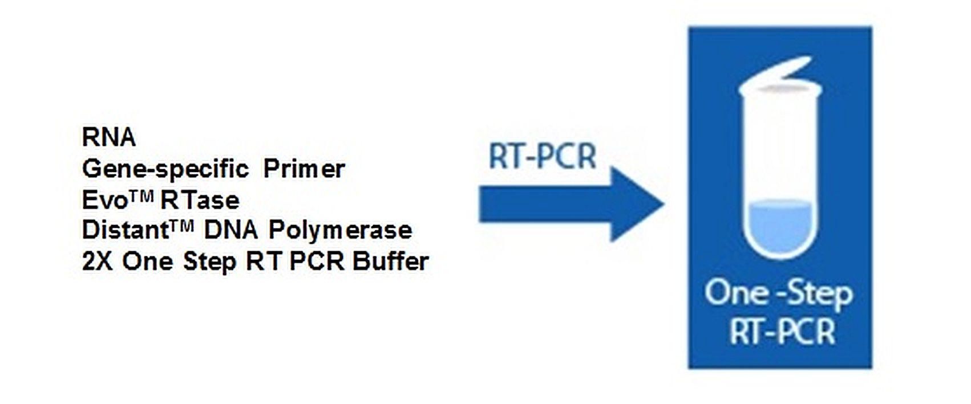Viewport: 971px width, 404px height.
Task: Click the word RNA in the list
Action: (109, 137)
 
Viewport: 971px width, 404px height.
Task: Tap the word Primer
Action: (304, 169)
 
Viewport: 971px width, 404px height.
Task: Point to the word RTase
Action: (200, 201)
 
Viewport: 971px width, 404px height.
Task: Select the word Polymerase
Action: (340, 231)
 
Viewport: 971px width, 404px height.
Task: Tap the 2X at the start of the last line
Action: (98, 262)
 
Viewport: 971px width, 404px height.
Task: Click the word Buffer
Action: (390, 262)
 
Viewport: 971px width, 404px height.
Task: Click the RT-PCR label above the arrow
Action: (543, 156)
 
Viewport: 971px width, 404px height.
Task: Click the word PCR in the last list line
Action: (317, 262)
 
